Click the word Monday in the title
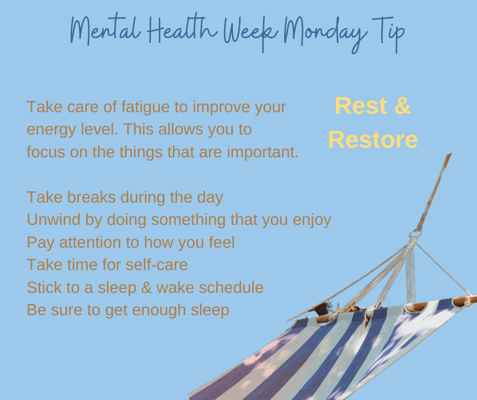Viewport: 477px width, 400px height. point(325,34)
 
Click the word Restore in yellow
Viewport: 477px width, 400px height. point(372,140)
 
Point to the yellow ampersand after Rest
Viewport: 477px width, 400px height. point(403,106)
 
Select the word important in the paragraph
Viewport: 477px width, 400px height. point(262,152)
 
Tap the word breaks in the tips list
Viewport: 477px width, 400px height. point(91,197)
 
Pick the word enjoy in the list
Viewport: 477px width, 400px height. point(312,220)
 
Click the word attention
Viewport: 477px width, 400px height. point(90,242)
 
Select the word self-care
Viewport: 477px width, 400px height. point(157,264)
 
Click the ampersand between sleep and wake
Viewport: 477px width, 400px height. point(146,288)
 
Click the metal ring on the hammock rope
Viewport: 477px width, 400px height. point(416,234)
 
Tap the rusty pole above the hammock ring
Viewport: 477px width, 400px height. point(434,191)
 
